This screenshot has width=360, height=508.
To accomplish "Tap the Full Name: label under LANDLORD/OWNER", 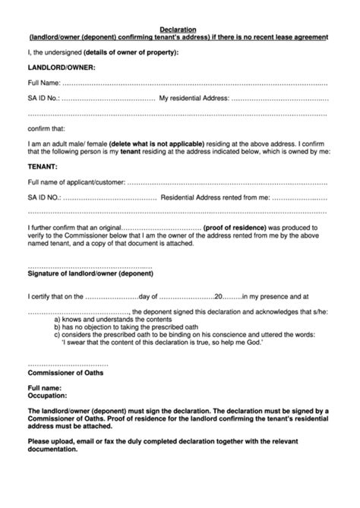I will tap(43, 82).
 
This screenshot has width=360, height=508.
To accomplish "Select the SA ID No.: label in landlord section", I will tap(43, 98).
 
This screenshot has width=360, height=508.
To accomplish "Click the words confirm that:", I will tap(46, 128).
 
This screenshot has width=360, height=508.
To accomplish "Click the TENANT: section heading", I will tap(42, 165).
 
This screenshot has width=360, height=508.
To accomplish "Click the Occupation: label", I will tap(47, 395).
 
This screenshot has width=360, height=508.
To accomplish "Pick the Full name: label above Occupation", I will tap(45, 387).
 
